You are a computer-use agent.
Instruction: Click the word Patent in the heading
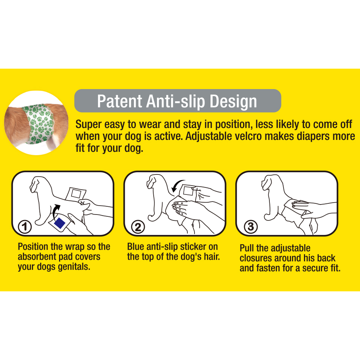[x=120, y=101]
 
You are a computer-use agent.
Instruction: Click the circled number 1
[x=25, y=227]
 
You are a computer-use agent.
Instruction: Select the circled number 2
[x=138, y=227]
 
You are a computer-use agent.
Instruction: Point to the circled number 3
[x=251, y=227]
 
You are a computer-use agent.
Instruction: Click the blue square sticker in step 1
[x=60, y=223]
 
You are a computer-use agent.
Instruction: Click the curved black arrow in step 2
[x=177, y=185]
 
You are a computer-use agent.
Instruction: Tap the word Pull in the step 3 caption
[x=246, y=248]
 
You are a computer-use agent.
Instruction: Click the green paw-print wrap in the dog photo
[x=39, y=124]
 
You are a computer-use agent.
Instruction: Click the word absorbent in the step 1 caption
[x=37, y=257]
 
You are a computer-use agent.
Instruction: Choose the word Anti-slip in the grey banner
[x=176, y=101]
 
